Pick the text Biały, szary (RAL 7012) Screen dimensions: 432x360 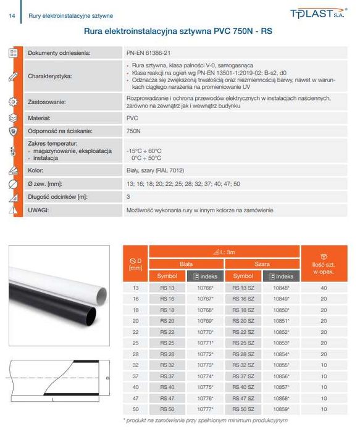(156, 170)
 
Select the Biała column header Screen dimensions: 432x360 (185, 264)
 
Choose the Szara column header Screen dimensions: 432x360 (261, 264)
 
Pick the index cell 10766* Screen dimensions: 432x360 (205, 288)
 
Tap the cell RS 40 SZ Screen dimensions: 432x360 (243, 386)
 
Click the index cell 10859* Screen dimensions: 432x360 (280, 409)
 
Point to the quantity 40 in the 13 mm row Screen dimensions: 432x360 (324, 288)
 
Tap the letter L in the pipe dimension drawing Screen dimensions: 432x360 (55, 400)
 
